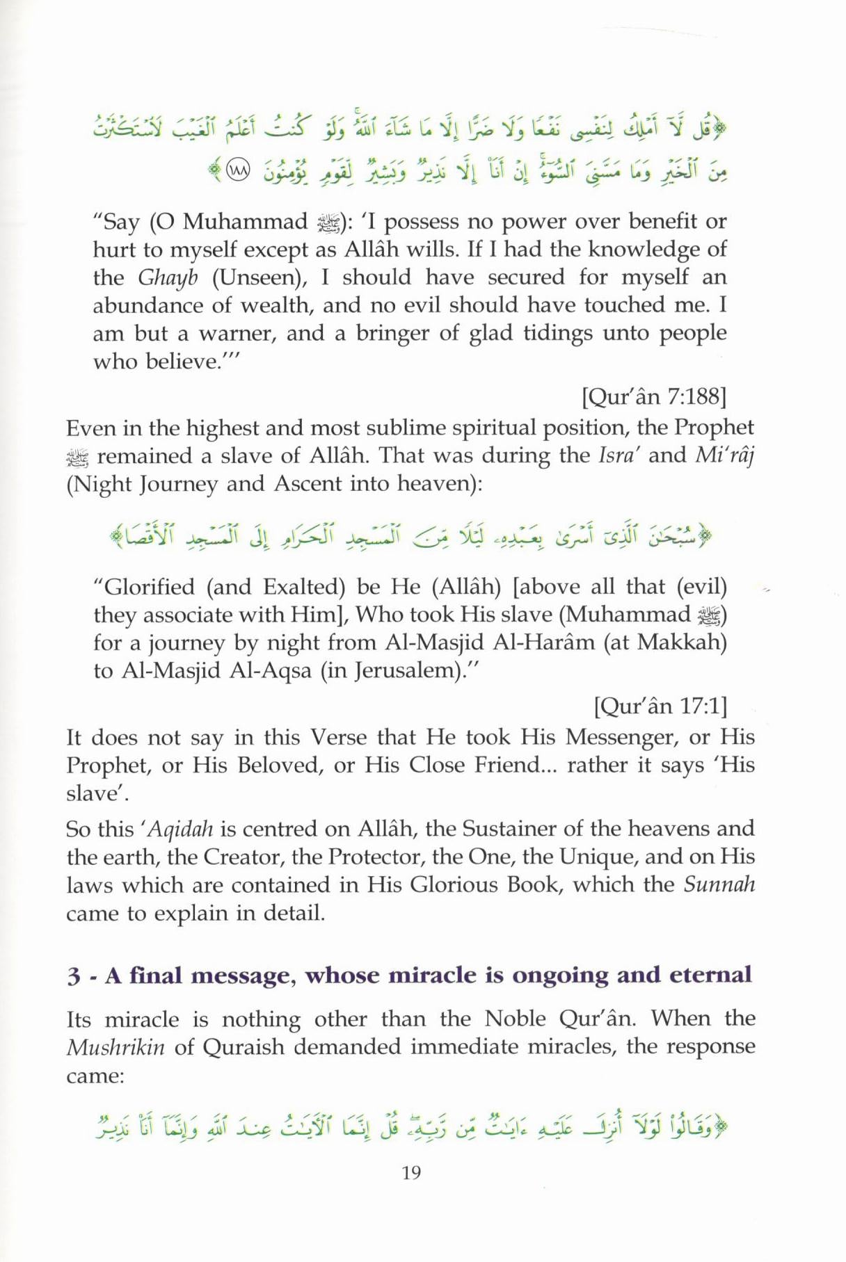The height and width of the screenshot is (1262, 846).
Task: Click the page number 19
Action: click(x=411, y=1173)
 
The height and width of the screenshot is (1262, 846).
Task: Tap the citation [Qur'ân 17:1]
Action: click(x=660, y=706)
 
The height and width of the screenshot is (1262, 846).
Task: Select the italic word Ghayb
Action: click(x=168, y=277)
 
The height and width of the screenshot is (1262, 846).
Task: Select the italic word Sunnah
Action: click(x=719, y=884)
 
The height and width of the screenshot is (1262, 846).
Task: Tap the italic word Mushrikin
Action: click(x=115, y=1047)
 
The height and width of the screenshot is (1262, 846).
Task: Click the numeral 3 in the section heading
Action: click(x=73, y=976)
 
